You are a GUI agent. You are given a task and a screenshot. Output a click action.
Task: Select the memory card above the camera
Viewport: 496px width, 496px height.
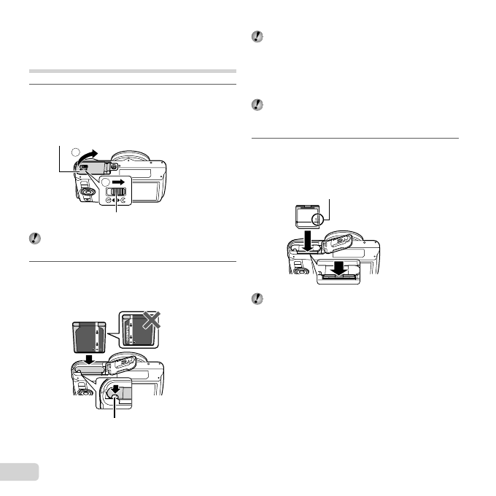[306, 217]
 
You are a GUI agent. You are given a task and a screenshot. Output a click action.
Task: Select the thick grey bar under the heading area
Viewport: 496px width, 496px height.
[132, 71]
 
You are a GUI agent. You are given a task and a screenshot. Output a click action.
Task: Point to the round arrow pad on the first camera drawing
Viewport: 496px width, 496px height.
[86, 193]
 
